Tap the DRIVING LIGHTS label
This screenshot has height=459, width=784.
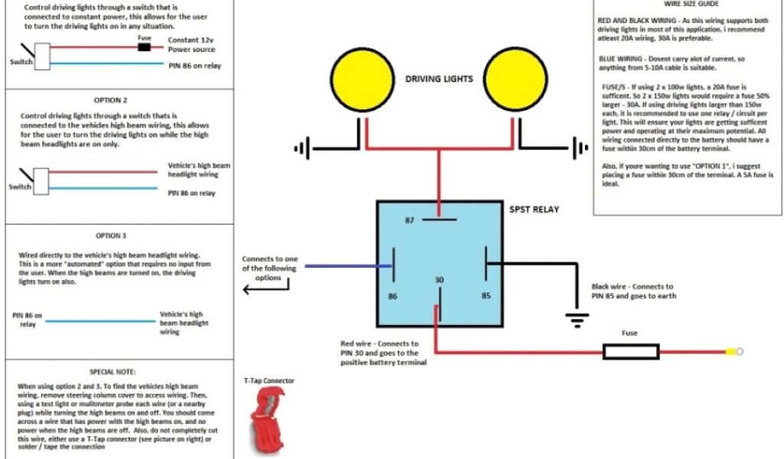click(439, 79)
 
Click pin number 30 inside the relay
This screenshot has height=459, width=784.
click(439, 281)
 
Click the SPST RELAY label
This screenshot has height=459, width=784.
click(534, 209)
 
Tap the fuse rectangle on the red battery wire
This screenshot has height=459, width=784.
click(631, 352)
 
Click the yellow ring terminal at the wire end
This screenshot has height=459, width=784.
click(732, 352)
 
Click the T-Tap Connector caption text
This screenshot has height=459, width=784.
click(269, 380)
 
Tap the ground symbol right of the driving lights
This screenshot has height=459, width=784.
click(579, 146)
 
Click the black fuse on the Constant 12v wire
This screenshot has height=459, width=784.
click(144, 47)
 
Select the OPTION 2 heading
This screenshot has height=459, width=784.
click(110, 100)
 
